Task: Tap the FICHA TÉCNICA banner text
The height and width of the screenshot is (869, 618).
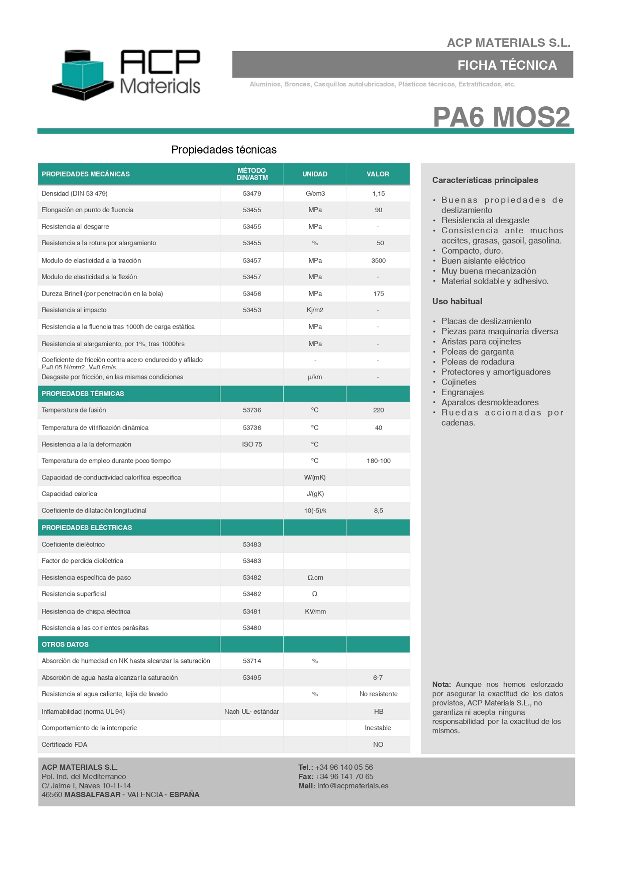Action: pyautogui.click(x=507, y=65)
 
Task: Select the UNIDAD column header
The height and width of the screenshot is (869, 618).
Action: pyautogui.click(x=315, y=174)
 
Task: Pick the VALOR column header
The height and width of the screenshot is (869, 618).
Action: pyautogui.click(x=378, y=174)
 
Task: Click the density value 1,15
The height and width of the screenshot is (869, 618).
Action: pyautogui.click(x=378, y=194)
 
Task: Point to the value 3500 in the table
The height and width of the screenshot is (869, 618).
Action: pyautogui.click(x=378, y=261)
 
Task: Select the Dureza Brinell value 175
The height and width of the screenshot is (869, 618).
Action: pyautogui.click(x=378, y=294)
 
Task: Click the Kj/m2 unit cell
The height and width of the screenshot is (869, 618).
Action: pyautogui.click(x=315, y=310)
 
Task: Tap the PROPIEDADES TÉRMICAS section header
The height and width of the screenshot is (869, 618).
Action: pyautogui.click(x=83, y=393)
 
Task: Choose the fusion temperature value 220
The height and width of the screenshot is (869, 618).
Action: pyautogui.click(x=378, y=410)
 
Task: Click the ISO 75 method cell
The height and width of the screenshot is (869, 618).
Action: pyautogui.click(x=252, y=445)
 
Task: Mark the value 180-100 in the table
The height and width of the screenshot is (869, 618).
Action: pyautogui.click(x=378, y=461)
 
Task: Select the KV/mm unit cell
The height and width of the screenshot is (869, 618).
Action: pyautogui.click(x=315, y=612)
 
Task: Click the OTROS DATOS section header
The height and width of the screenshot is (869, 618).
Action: pyautogui.click(x=65, y=644)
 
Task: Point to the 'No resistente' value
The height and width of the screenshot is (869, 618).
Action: pyautogui.click(x=378, y=694)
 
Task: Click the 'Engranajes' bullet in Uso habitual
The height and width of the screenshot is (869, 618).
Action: pyautogui.click(x=462, y=392)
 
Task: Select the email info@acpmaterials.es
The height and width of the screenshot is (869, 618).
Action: pyautogui.click(x=353, y=786)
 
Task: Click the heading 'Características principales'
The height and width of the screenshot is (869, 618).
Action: pyautogui.click(x=485, y=180)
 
